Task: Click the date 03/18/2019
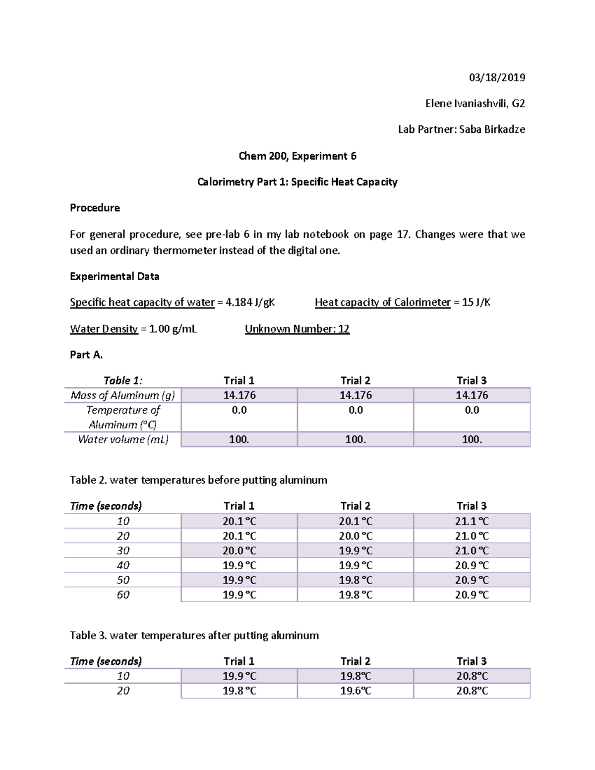497,77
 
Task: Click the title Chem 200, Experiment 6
297,156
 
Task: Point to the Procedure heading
95,208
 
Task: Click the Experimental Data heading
115,276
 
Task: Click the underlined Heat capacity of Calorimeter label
382,302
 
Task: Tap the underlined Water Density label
104,329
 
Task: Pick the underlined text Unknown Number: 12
297,329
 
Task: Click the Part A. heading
86,355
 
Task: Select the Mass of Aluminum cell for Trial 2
356,395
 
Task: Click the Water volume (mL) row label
123,439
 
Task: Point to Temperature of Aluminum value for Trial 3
472,410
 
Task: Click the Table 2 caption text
198,480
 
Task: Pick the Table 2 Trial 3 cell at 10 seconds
472,521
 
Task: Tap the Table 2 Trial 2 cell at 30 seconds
356,550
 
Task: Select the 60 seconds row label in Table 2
123,594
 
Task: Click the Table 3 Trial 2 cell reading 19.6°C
356,691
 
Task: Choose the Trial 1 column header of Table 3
239,661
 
